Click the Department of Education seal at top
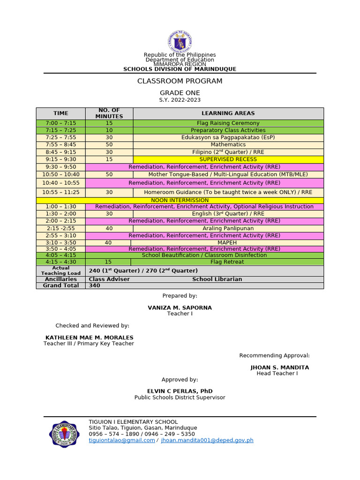(x=180, y=41)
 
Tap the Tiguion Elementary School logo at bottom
(x=67, y=434)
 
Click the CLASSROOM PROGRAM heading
(x=180, y=81)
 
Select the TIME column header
(x=61, y=113)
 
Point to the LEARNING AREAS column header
(x=228, y=113)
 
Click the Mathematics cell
(x=228, y=145)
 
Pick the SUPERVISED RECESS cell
(x=228, y=159)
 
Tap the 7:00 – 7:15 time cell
(x=61, y=123)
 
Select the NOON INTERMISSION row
(x=180, y=200)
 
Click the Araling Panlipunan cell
(x=228, y=228)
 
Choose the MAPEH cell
(x=227, y=243)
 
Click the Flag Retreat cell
(x=227, y=262)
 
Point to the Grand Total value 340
(x=95, y=285)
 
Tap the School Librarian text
(x=217, y=279)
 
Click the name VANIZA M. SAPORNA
(x=180, y=307)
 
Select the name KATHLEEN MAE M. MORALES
(x=89, y=337)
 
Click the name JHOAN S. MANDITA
(x=279, y=367)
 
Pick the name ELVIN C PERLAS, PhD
(x=180, y=391)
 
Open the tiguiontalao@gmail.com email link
(x=122, y=441)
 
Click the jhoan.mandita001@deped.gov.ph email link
(x=207, y=441)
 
